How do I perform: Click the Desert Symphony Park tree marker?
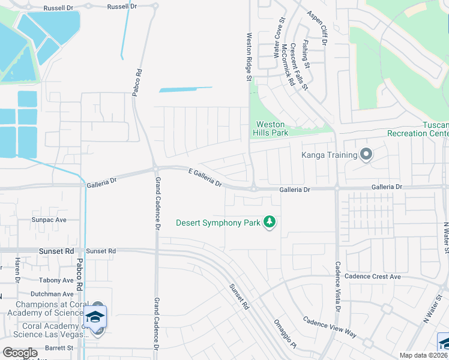point(270,223)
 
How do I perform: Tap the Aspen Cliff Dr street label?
point(316,28)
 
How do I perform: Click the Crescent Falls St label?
point(299,67)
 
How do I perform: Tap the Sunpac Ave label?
point(49,220)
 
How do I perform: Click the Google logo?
point(20,353)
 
